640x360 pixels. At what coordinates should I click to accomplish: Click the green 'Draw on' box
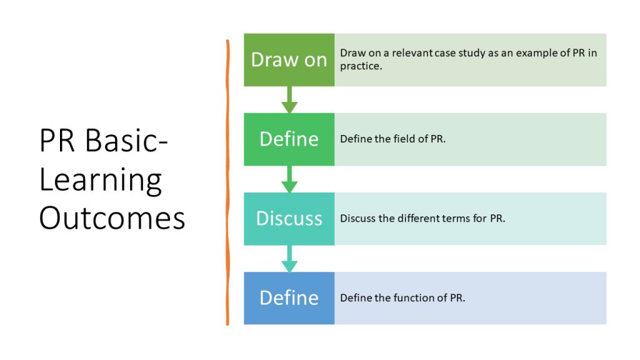pyautogui.click(x=289, y=60)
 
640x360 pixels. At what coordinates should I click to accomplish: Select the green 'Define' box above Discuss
pyautogui.click(x=289, y=139)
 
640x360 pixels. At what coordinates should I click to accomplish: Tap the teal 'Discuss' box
pyautogui.click(x=289, y=219)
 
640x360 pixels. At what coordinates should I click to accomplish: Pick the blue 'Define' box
pyautogui.click(x=289, y=298)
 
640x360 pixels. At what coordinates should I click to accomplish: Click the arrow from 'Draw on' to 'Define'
pyautogui.click(x=289, y=99)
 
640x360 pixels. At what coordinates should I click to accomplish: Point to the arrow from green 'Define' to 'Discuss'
pyautogui.click(x=289, y=179)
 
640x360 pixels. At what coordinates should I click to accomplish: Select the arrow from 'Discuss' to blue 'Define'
pyautogui.click(x=289, y=258)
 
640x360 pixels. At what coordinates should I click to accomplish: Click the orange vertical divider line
pyautogui.click(x=227, y=182)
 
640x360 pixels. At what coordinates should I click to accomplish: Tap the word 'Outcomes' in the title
pyautogui.click(x=112, y=218)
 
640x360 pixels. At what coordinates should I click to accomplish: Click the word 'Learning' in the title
pyautogui.click(x=101, y=181)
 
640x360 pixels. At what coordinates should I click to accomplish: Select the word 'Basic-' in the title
pyautogui.click(x=126, y=140)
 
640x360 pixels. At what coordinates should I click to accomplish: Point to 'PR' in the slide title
pyautogui.click(x=57, y=141)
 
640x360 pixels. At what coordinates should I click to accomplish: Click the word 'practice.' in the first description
pyautogui.click(x=361, y=66)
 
